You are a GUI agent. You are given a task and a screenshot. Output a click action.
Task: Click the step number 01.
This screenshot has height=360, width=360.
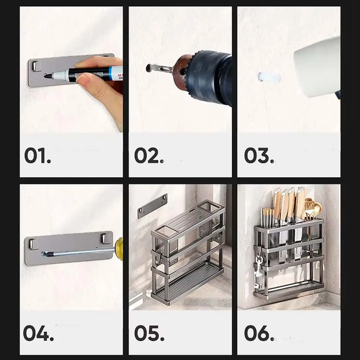tap(38, 155)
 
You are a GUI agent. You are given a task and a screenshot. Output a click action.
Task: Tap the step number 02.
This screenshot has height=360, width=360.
tap(149, 155)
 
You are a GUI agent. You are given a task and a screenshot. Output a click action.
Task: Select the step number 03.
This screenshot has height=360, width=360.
tap(259, 155)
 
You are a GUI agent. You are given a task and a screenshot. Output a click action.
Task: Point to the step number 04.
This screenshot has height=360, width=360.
tap(38, 333)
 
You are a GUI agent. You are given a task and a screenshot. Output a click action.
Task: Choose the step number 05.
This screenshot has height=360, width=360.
tap(149, 333)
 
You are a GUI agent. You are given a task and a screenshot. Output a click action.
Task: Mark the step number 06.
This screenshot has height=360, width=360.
tap(259, 333)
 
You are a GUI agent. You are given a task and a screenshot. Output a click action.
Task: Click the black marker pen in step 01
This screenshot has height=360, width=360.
tap(83, 74)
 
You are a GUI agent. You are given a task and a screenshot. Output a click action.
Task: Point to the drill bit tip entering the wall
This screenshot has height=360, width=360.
tap(149, 67)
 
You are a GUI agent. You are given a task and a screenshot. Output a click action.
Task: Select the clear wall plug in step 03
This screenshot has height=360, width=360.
tap(269, 77)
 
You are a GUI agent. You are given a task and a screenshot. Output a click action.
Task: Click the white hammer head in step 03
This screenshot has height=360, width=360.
tap(317, 67)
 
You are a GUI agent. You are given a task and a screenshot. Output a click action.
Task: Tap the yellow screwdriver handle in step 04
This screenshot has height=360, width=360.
tap(119, 249)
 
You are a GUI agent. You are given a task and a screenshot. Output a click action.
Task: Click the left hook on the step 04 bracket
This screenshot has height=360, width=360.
tap(33, 244)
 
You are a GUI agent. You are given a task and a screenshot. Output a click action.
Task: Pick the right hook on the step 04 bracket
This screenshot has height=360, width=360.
tap(106, 239)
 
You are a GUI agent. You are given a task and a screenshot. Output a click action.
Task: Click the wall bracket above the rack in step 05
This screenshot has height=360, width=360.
tap(153, 206)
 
